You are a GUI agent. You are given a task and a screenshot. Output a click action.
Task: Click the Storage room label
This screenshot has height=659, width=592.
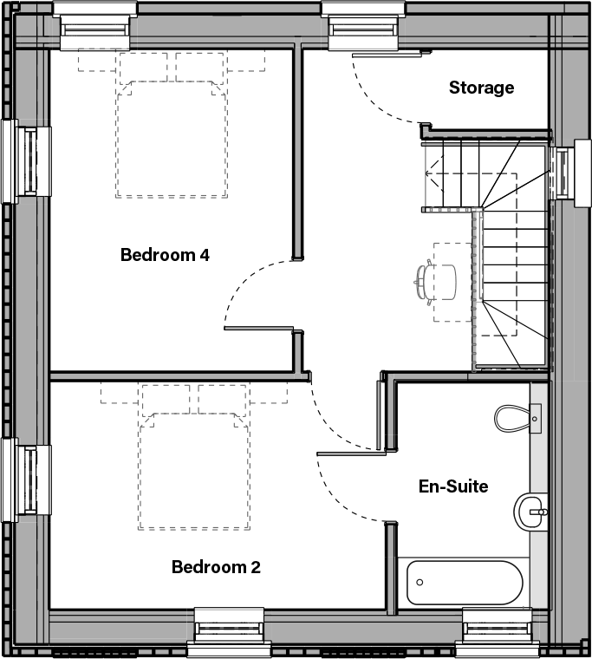pos(481,88)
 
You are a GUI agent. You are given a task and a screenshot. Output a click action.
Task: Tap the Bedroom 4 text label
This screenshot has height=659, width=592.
pos(165,255)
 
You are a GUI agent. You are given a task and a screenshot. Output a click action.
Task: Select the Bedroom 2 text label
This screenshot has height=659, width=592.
pos(216,567)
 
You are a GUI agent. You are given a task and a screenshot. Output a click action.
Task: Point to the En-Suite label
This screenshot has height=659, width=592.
pos(452,486)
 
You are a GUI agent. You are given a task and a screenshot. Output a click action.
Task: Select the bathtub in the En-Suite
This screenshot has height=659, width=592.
pos(465,582)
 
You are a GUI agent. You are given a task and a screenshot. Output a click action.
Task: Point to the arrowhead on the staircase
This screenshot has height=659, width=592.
pos(429,173)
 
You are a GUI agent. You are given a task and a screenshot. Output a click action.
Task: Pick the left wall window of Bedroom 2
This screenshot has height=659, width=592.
pos(24,480)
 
